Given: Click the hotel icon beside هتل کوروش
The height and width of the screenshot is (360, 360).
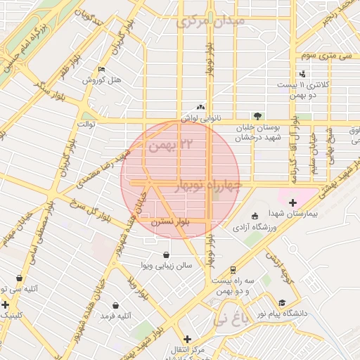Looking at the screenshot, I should pyautogui.click(x=102, y=70).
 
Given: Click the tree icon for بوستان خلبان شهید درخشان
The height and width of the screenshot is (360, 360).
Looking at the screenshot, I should pyautogui.click(x=257, y=116).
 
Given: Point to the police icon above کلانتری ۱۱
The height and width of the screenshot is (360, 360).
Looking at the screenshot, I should pyautogui.click(x=302, y=74).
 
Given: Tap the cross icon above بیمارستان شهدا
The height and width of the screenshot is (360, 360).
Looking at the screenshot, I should pyautogui.click(x=293, y=202).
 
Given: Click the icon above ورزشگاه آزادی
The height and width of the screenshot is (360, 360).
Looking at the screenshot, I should pyautogui.click(x=254, y=217).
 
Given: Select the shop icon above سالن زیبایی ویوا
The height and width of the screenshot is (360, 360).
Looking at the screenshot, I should pyautogui.click(x=165, y=255).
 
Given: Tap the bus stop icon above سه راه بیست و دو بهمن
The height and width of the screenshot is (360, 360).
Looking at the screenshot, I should pyautogui.click(x=233, y=269).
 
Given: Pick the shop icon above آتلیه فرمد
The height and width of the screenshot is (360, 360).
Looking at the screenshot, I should pyautogui.click(x=116, y=306).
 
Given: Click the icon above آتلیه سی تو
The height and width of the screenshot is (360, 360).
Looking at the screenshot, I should pyautogui.click(x=20, y=278).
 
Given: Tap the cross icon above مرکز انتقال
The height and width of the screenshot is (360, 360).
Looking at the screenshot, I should pyautogui.click(x=187, y=338).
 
